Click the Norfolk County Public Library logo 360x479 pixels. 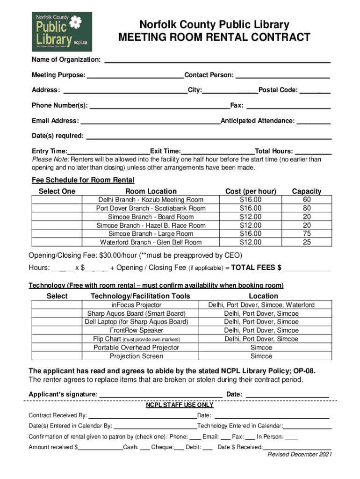tap(62, 32)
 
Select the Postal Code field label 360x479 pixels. tap(278, 90)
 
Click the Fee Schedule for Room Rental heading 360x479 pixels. tap(83, 180)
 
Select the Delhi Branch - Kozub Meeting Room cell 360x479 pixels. tap(151, 200)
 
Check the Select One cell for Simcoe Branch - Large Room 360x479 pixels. tap(57, 233)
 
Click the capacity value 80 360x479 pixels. tap(307, 208)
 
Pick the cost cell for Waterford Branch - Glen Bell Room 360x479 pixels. tap(251, 242)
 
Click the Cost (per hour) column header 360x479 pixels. tap(251, 191)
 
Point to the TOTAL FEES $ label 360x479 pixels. tap(256, 268)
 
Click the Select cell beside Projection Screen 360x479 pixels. tap(57, 356)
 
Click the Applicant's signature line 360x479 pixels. tap(160, 395)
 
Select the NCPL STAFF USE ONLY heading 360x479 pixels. tap(180, 405)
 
